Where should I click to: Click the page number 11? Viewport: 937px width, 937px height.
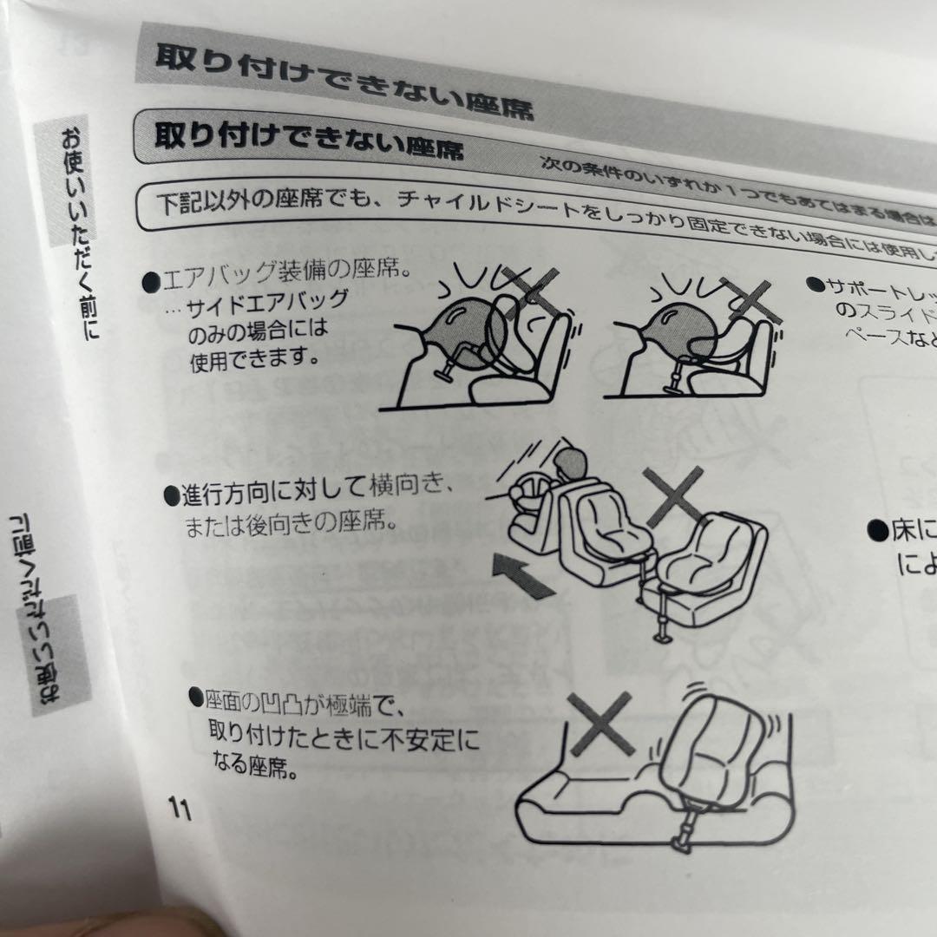point(180,809)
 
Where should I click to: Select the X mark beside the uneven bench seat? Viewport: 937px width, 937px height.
point(600,723)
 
